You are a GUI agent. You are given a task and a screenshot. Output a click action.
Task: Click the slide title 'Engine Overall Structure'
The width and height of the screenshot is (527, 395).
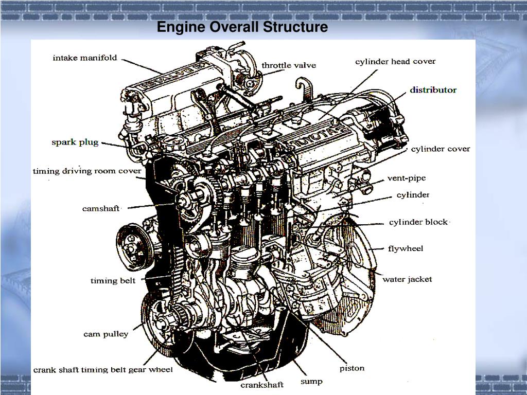pos(242,27)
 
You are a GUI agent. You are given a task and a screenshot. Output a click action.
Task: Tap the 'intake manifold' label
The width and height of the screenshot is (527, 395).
pos(85,58)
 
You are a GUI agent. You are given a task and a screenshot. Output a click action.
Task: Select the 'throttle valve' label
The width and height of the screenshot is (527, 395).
pos(289,65)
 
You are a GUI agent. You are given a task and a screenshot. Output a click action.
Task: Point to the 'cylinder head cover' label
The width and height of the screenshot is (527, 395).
pos(395,62)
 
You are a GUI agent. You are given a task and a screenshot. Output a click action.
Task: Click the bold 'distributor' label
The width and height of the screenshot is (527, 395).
pos(433,90)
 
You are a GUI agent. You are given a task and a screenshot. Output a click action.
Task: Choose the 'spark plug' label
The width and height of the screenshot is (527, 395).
pos(75,142)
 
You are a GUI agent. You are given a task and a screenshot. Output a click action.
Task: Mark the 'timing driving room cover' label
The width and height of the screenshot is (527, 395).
pos(87,171)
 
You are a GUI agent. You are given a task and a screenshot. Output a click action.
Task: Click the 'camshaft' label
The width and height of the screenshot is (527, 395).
pos(101,208)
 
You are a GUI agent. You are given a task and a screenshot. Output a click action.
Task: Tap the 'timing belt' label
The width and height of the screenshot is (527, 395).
pos(113,280)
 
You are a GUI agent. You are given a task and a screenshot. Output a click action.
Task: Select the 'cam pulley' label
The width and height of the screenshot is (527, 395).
pos(106,334)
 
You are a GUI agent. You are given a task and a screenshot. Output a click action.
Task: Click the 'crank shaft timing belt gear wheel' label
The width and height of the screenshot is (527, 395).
pos(103,370)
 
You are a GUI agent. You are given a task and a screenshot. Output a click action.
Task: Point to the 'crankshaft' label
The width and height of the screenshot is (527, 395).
pos(262,384)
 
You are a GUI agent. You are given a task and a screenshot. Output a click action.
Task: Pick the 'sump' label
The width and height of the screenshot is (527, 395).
pos(311,381)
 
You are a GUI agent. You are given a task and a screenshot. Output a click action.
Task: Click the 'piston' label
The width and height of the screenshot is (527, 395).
pos(352,368)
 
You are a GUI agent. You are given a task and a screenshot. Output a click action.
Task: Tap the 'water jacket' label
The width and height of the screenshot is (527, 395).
pos(407,279)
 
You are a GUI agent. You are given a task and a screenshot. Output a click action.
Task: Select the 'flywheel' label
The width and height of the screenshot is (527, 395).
pos(406,248)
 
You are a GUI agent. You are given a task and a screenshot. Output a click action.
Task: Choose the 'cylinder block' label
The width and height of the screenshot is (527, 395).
pos(418,222)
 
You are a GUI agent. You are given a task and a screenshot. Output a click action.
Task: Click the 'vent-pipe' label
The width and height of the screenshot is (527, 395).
pos(407,178)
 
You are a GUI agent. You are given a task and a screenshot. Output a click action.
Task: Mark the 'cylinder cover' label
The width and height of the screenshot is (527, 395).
pos(440,149)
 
